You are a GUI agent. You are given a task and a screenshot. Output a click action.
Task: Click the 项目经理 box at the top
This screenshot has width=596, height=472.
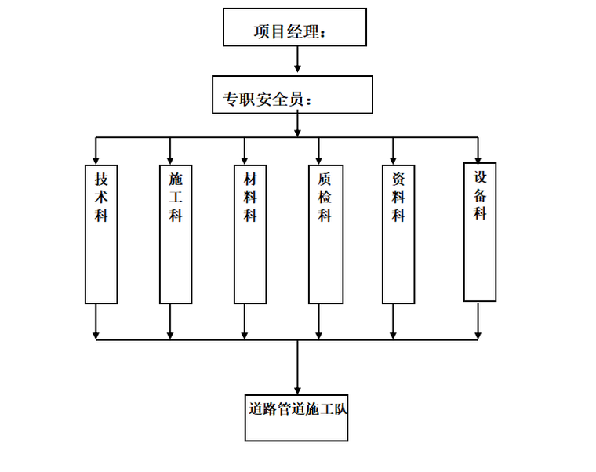(294, 27)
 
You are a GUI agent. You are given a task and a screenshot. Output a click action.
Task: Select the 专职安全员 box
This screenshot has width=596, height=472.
(292, 95)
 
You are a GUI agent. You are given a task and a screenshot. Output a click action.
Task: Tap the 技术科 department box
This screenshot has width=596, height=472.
(101, 234)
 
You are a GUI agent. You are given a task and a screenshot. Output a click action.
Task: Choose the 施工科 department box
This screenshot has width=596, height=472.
(176, 234)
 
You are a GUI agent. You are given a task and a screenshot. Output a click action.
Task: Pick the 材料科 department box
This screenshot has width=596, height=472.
(250, 234)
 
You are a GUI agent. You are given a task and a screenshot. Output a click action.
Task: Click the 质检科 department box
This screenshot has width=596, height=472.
(325, 234)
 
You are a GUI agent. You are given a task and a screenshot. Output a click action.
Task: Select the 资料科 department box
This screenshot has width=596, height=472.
(398, 234)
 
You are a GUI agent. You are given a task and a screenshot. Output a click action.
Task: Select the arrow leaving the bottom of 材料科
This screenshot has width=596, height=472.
(245, 321)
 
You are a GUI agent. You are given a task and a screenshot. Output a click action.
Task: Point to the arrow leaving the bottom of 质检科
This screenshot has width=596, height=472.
(319, 321)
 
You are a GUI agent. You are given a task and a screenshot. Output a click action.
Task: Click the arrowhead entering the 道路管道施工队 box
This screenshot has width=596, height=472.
(297, 390)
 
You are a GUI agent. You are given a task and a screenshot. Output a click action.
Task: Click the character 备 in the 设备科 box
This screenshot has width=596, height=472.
(480, 194)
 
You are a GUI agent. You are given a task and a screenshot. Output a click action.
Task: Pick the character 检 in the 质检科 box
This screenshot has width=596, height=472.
(325, 197)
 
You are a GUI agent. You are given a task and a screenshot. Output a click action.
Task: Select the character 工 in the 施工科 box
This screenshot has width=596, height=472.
(176, 197)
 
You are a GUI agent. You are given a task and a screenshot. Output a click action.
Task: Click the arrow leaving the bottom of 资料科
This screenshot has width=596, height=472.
(394, 321)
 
